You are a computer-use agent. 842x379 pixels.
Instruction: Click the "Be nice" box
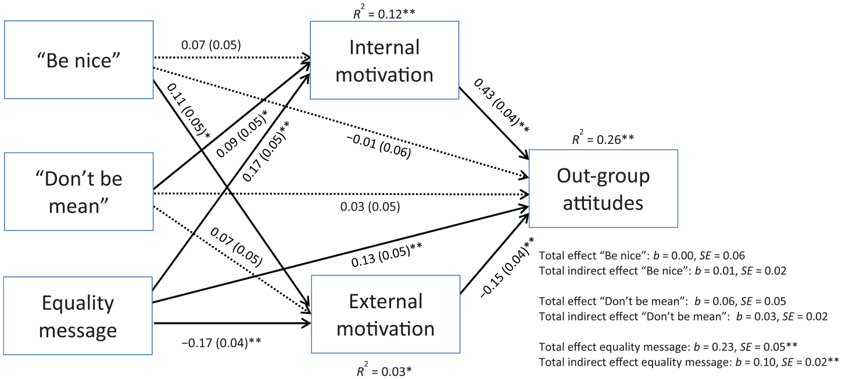(79, 60)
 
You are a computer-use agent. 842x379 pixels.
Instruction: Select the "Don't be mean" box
(79, 192)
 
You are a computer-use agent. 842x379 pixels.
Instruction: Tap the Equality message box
(78, 316)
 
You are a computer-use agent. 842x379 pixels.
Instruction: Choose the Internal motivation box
(385, 60)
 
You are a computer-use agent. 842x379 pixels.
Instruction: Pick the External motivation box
(386, 315)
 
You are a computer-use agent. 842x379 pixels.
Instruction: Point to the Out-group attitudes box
(603, 189)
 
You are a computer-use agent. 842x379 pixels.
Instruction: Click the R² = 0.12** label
(384, 13)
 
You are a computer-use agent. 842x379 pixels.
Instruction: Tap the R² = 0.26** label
(603, 138)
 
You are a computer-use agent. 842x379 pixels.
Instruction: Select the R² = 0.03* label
(384, 370)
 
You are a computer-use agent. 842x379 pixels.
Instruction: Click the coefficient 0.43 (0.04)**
(501, 106)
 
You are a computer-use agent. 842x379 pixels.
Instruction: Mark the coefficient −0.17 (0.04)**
(221, 342)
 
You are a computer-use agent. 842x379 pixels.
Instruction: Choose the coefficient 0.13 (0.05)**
(387, 255)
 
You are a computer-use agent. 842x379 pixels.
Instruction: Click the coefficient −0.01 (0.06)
(378, 146)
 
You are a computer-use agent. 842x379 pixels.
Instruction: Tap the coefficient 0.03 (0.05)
(370, 207)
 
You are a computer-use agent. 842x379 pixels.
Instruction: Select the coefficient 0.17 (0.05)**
(266, 151)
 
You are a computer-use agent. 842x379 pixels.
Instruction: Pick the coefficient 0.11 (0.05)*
(188, 111)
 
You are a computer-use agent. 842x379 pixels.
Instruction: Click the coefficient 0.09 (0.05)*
(242, 133)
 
